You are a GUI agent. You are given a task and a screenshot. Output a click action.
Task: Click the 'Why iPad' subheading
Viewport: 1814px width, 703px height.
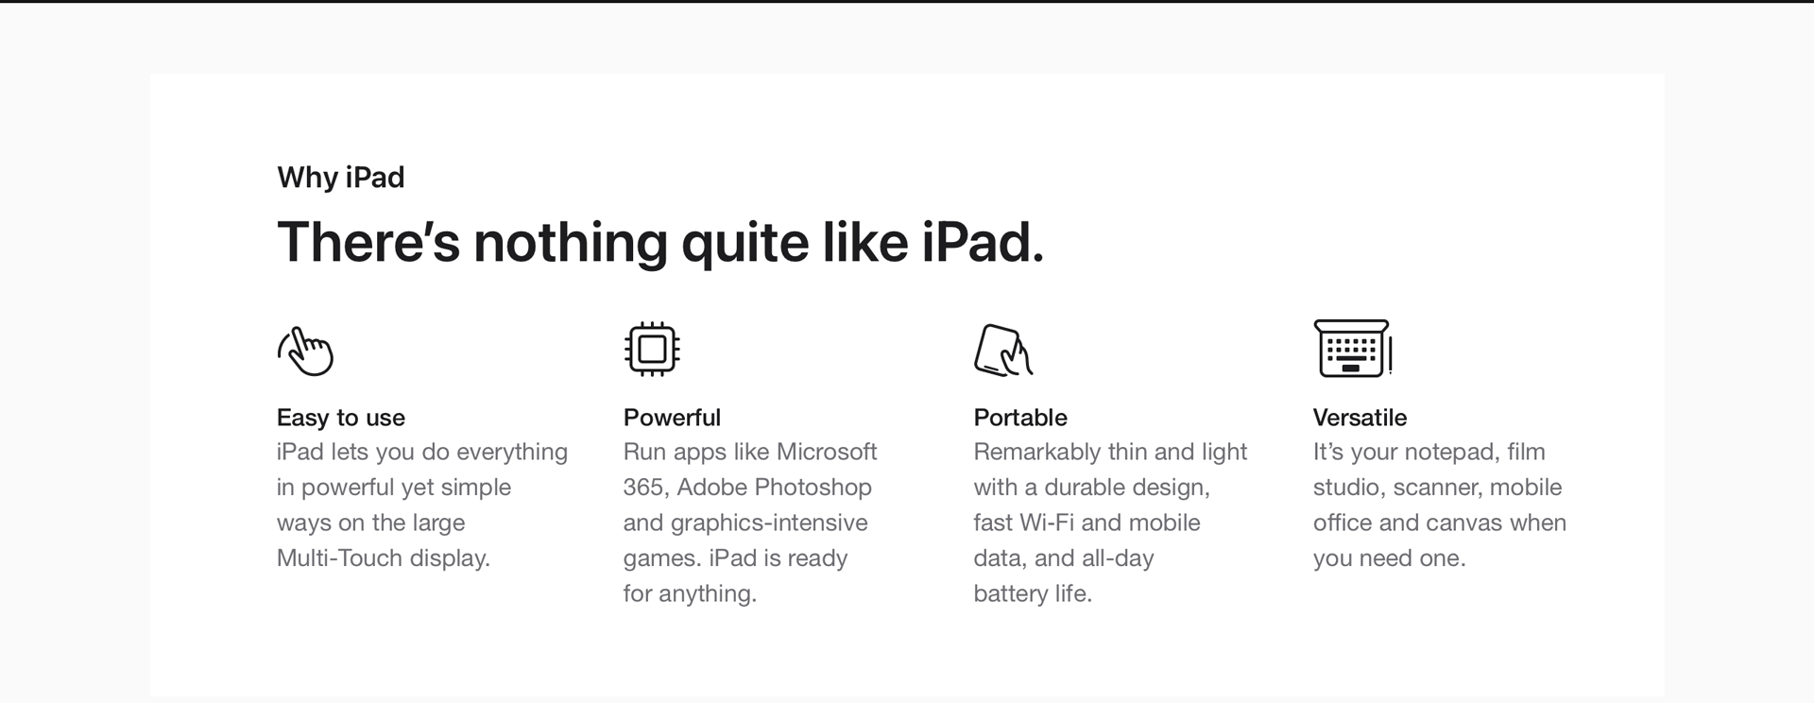[340, 178]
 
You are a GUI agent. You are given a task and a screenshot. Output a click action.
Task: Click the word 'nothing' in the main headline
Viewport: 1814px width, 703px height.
[571, 243]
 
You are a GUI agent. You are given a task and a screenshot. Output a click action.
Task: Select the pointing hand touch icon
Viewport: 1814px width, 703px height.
[305, 351]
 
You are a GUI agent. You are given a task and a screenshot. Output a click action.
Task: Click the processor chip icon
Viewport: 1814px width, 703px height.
[652, 350]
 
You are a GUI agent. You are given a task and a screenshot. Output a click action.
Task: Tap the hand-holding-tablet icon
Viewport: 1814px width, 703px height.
[1002, 350]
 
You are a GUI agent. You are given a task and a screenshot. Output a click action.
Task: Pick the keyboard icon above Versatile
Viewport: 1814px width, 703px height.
[1352, 349]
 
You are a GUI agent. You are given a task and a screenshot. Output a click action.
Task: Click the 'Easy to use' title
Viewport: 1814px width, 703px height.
[341, 418]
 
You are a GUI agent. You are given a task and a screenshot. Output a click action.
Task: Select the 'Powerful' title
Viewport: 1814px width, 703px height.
[672, 418]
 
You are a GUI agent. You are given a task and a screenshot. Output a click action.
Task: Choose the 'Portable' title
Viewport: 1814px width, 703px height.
[1020, 418]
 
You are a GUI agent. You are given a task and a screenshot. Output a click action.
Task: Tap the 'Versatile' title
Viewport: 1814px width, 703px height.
[1360, 418]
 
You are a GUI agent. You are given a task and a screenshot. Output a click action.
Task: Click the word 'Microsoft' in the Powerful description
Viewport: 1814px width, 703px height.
[827, 452]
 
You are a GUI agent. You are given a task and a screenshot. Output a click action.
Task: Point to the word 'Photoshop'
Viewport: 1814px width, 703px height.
[813, 488]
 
